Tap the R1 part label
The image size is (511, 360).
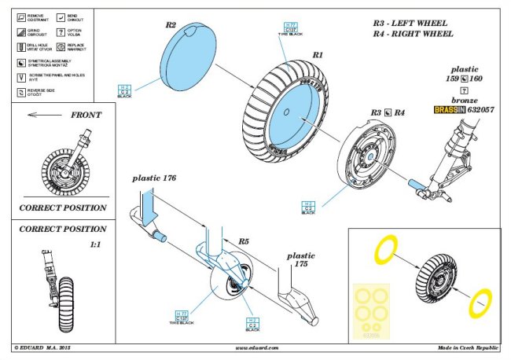[318, 56]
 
